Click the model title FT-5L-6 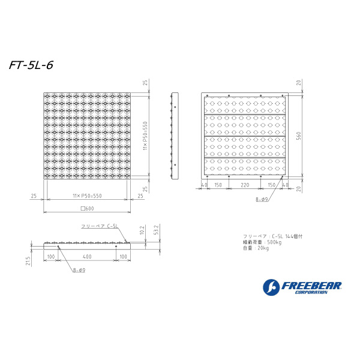point(31,65)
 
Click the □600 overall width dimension point(88,208)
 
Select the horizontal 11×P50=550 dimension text point(87,196)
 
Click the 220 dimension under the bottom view point(245,186)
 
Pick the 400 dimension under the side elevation point(88,256)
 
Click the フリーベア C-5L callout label point(100,226)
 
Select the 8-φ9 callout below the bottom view point(262,199)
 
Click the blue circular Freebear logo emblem point(271,287)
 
